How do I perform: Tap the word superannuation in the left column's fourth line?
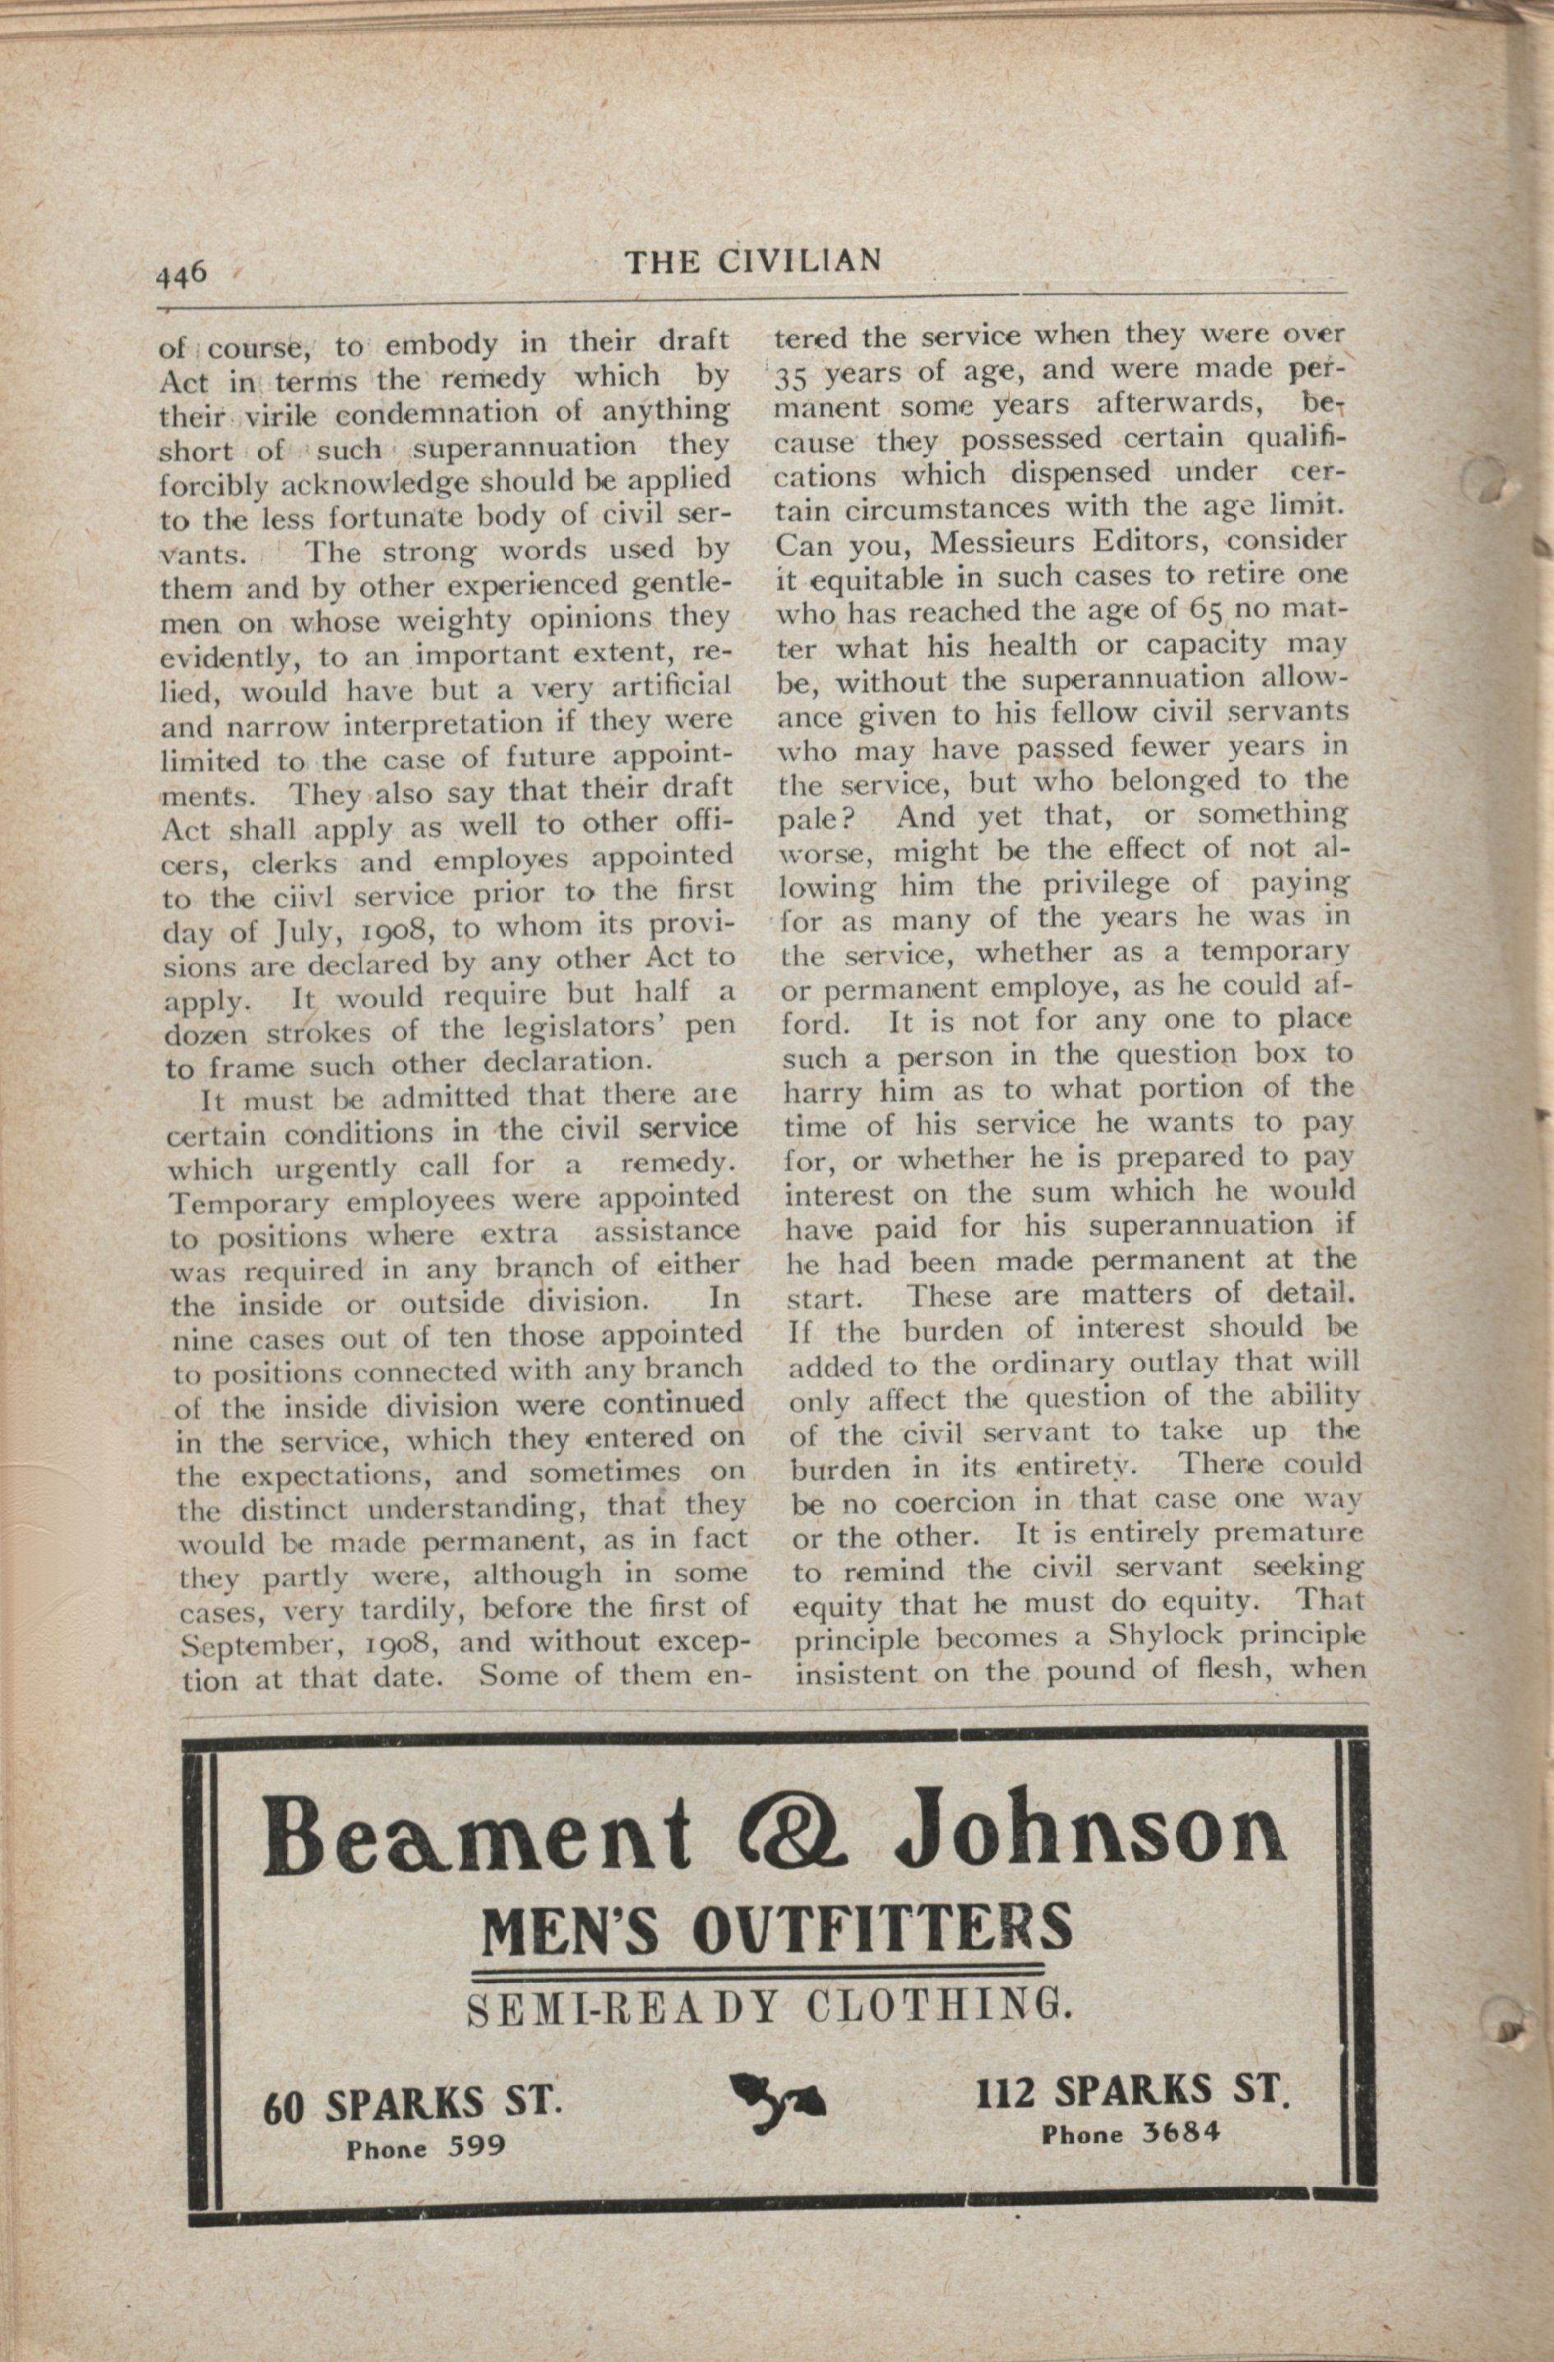point(525,446)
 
